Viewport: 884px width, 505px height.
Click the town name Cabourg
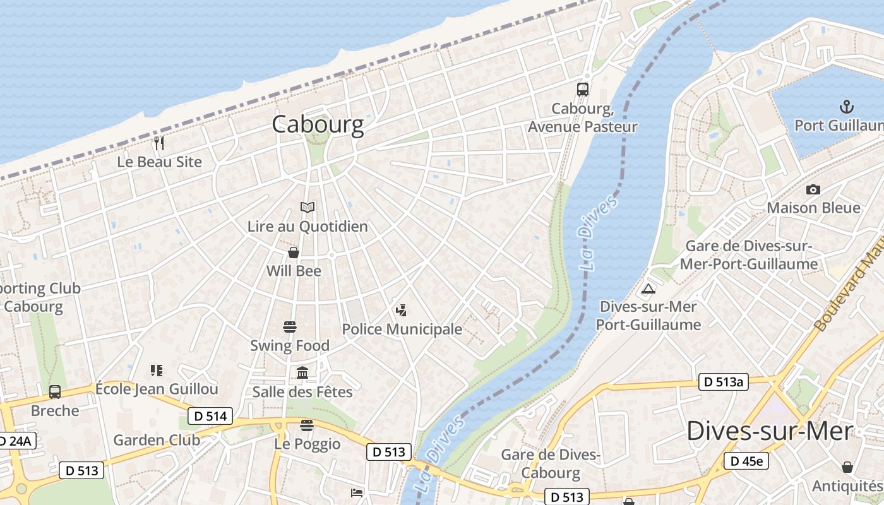(x=318, y=124)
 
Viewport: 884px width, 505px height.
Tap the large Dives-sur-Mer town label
(x=769, y=431)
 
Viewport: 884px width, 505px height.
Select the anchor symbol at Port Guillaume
(x=845, y=106)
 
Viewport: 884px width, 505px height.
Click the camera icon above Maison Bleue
(x=813, y=189)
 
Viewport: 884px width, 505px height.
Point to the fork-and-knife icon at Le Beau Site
(x=159, y=143)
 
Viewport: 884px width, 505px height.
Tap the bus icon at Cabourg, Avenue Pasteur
(x=582, y=90)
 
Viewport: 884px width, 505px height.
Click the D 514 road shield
(x=210, y=416)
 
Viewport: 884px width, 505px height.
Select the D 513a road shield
(x=723, y=381)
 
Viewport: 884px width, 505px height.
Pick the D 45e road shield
(x=746, y=461)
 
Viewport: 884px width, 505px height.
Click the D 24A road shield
(x=15, y=441)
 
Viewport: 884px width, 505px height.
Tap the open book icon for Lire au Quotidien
(x=308, y=207)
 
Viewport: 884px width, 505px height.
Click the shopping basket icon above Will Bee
(x=294, y=253)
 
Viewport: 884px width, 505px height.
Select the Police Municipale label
(x=402, y=329)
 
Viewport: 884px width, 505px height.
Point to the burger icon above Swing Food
(x=290, y=327)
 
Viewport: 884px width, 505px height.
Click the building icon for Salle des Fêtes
(x=302, y=373)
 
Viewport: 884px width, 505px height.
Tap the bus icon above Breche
(x=55, y=392)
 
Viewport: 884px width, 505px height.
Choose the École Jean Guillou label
(x=156, y=388)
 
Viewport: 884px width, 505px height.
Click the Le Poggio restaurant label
(x=307, y=444)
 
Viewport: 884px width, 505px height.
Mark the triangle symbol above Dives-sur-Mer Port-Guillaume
(x=648, y=289)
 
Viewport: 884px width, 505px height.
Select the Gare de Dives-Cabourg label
(x=550, y=463)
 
